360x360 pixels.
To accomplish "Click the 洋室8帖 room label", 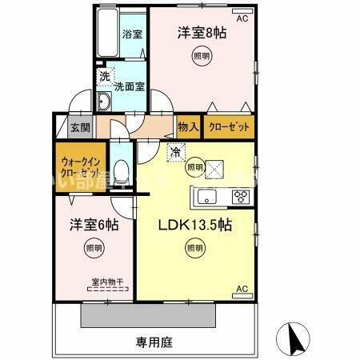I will pyautogui.click(x=200, y=34).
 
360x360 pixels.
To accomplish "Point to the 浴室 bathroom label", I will pyautogui.click(x=131, y=34).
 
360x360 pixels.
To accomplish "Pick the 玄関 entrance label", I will pyautogui.click(x=78, y=127).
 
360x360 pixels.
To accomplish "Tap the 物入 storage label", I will pyautogui.click(x=188, y=126).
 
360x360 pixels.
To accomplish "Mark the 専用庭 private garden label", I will pyautogui.click(x=154, y=342).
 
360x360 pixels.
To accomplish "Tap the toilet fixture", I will pyautogui.click(x=120, y=170).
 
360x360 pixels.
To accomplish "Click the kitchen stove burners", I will pyautogui.click(x=240, y=196).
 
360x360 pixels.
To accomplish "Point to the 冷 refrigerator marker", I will pyautogui.click(x=174, y=150).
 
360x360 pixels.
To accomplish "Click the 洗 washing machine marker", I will pyautogui.click(x=105, y=77).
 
